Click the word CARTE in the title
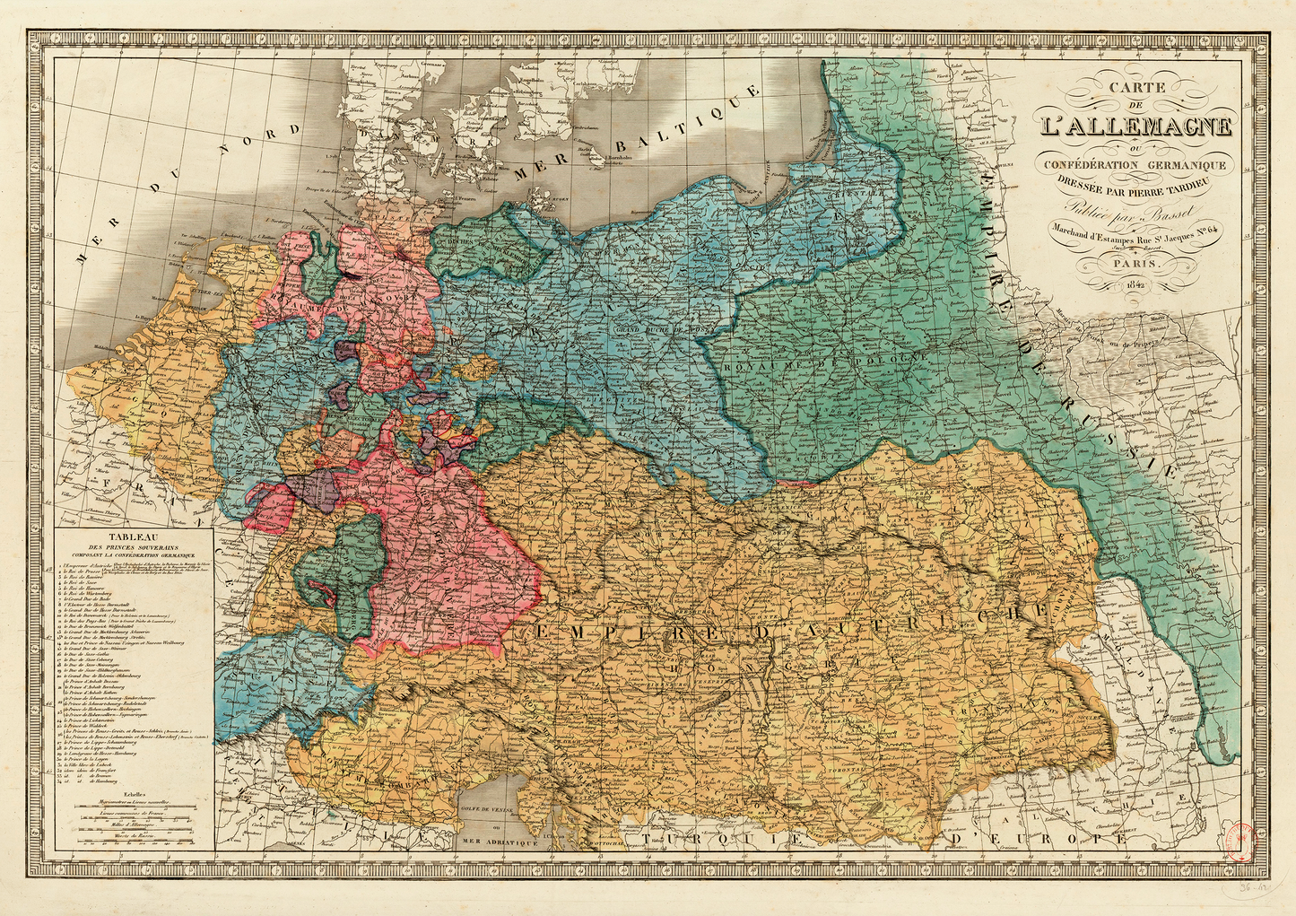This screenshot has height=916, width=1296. [1136, 88]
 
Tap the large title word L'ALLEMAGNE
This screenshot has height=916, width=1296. [1135, 125]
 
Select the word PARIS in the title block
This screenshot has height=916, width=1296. [1136, 266]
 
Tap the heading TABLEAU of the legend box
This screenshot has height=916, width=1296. [133, 536]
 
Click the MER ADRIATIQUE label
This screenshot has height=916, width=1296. [498, 842]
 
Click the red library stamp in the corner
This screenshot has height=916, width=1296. [1243, 840]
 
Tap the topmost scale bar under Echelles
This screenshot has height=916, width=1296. [135, 807]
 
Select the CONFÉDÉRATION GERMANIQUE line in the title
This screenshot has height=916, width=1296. [1135, 164]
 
